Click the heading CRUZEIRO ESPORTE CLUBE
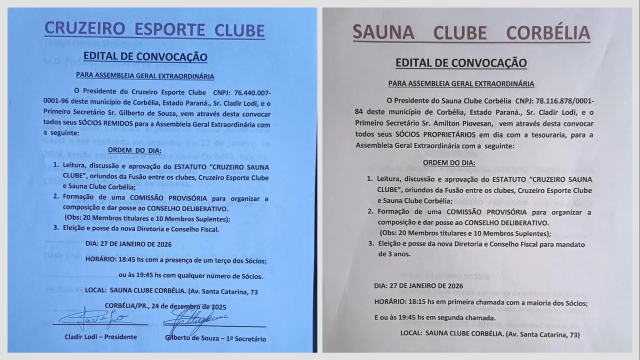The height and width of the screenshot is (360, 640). pyautogui.click(x=154, y=30)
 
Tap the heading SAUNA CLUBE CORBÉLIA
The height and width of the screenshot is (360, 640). pyautogui.click(x=471, y=33)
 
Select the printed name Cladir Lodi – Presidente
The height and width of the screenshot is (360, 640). pyautogui.click(x=100, y=337)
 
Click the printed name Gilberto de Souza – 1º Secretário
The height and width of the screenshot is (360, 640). pyautogui.click(x=215, y=338)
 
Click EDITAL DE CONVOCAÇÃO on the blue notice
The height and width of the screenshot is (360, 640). pyautogui.click(x=145, y=56)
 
